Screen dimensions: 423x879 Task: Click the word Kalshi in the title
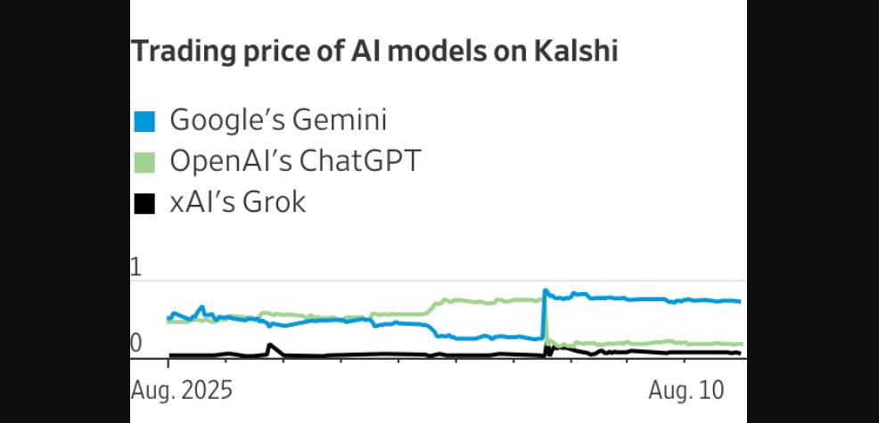[x=576, y=51]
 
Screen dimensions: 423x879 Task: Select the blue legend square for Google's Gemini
[x=144, y=120]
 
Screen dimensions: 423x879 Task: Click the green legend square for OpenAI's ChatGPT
[x=144, y=163]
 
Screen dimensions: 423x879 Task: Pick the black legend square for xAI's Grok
[x=144, y=204]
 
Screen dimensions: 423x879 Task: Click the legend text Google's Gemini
[x=278, y=119]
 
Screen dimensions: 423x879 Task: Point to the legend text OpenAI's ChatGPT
[x=295, y=161]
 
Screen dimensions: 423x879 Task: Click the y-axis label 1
[x=136, y=267]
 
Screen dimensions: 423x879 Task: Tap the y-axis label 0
[x=136, y=343]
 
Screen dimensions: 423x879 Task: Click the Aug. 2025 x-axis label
[x=181, y=390]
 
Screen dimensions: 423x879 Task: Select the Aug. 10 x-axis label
[x=685, y=390]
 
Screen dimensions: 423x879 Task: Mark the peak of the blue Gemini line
[x=545, y=290]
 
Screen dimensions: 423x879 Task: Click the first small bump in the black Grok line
[x=270, y=345]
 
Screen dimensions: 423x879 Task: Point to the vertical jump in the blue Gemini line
[x=543, y=314]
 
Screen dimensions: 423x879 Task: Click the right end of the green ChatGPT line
[x=740, y=344]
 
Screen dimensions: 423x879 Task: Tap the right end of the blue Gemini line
[x=739, y=301]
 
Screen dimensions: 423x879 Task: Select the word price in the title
[x=265, y=53]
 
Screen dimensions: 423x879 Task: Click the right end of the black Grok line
[x=739, y=354]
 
